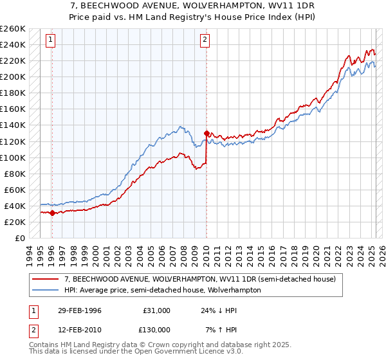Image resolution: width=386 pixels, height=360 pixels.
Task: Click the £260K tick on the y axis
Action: [x=13, y=29]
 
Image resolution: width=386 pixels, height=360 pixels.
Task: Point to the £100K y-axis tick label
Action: [x=13, y=157]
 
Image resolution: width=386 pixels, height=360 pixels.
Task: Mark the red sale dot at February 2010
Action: [x=206, y=133]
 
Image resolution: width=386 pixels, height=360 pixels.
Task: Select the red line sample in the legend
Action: [x=46, y=279]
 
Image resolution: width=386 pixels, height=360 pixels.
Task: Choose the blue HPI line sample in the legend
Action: [x=46, y=290]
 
